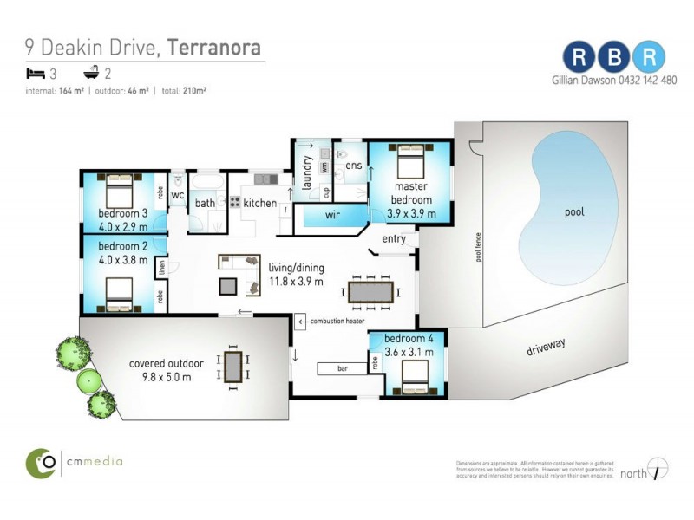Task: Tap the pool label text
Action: pos(574,211)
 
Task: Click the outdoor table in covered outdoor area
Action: pos(233,366)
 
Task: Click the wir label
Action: pos(332,214)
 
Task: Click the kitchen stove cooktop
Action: pos(234,202)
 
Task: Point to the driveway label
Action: pos(547,348)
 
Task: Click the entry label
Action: pos(393,238)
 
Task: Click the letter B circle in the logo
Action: pos(614,56)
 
